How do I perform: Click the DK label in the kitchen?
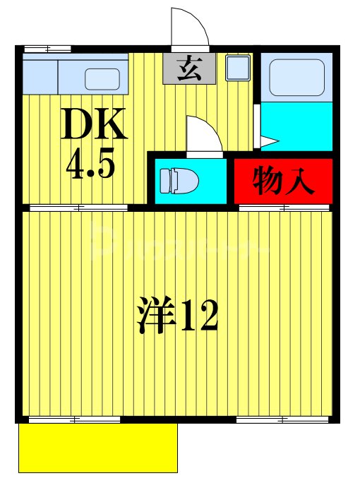pyautogui.click(x=95, y=126)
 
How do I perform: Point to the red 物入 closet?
pyautogui.click(x=282, y=181)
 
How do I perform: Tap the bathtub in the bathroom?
pyautogui.click(x=296, y=75)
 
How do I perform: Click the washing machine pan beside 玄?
pyautogui.click(x=236, y=69)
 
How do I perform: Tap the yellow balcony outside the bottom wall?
pyautogui.click(x=97, y=448)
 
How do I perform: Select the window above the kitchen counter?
pyautogui.click(x=47, y=49)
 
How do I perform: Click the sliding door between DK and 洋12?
pyautogui.click(x=78, y=208)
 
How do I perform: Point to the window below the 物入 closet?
pyautogui.click(x=284, y=208)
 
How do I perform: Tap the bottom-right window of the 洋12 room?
pyautogui.click(x=282, y=420)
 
